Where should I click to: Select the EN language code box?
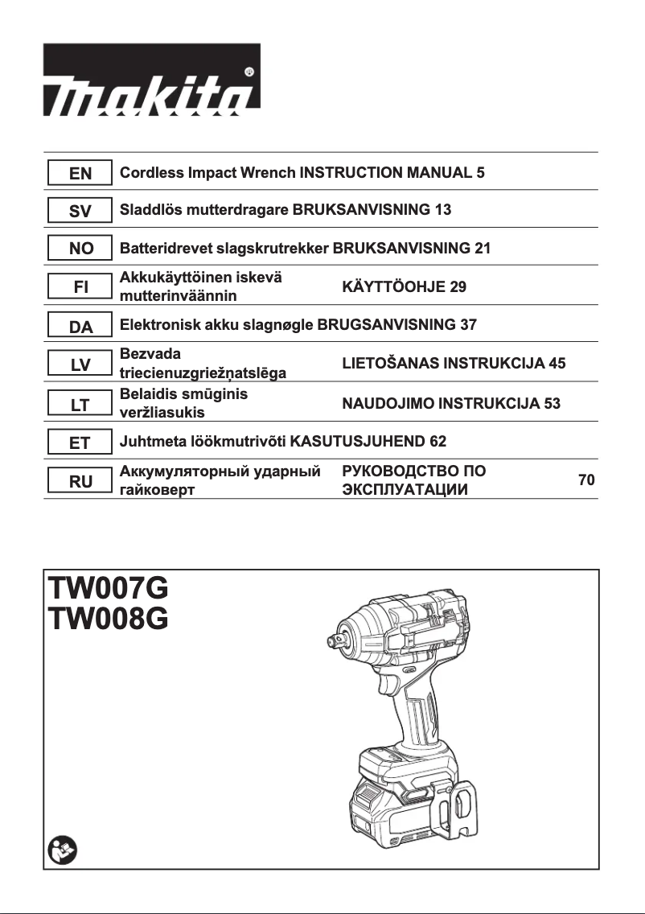[80, 173]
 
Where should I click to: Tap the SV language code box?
[80, 212]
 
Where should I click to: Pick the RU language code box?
[80, 481]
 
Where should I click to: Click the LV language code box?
[80, 364]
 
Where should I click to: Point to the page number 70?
[586, 480]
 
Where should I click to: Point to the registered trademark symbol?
[249, 72]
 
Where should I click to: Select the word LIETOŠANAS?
[390, 363]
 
